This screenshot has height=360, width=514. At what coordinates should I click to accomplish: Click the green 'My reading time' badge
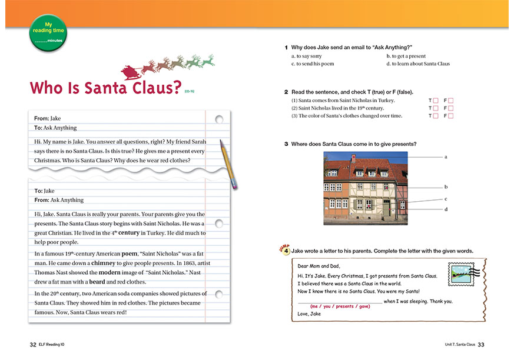pyautogui.click(x=48, y=32)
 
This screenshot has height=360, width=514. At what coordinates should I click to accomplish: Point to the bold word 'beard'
pyautogui.click(x=97, y=282)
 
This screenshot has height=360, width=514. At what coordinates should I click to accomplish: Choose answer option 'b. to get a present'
pyautogui.click(x=406, y=56)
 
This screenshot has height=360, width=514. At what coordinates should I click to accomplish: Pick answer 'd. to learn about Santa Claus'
pyautogui.click(x=417, y=64)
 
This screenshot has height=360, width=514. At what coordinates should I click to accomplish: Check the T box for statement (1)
pyautogui.click(x=436, y=101)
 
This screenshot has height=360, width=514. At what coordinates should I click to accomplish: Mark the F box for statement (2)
pyautogui.click(x=451, y=108)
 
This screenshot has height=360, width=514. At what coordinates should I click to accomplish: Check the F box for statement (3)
pyautogui.click(x=451, y=116)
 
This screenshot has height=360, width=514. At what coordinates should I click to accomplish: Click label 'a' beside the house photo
pyautogui.click(x=446, y=157)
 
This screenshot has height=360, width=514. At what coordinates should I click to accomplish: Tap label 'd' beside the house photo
pyautogui.click(x=446, y=209)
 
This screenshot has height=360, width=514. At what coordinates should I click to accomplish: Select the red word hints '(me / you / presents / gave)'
pyautogui.click(x=340, y=306)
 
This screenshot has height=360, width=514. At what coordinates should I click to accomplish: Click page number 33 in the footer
pyautogui.click(x=481, y=344)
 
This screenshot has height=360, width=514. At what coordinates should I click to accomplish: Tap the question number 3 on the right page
pyautogui.click(x=286, y=144)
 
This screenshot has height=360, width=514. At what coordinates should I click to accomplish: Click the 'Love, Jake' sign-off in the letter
pyautogui.click(x=309, y=314)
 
